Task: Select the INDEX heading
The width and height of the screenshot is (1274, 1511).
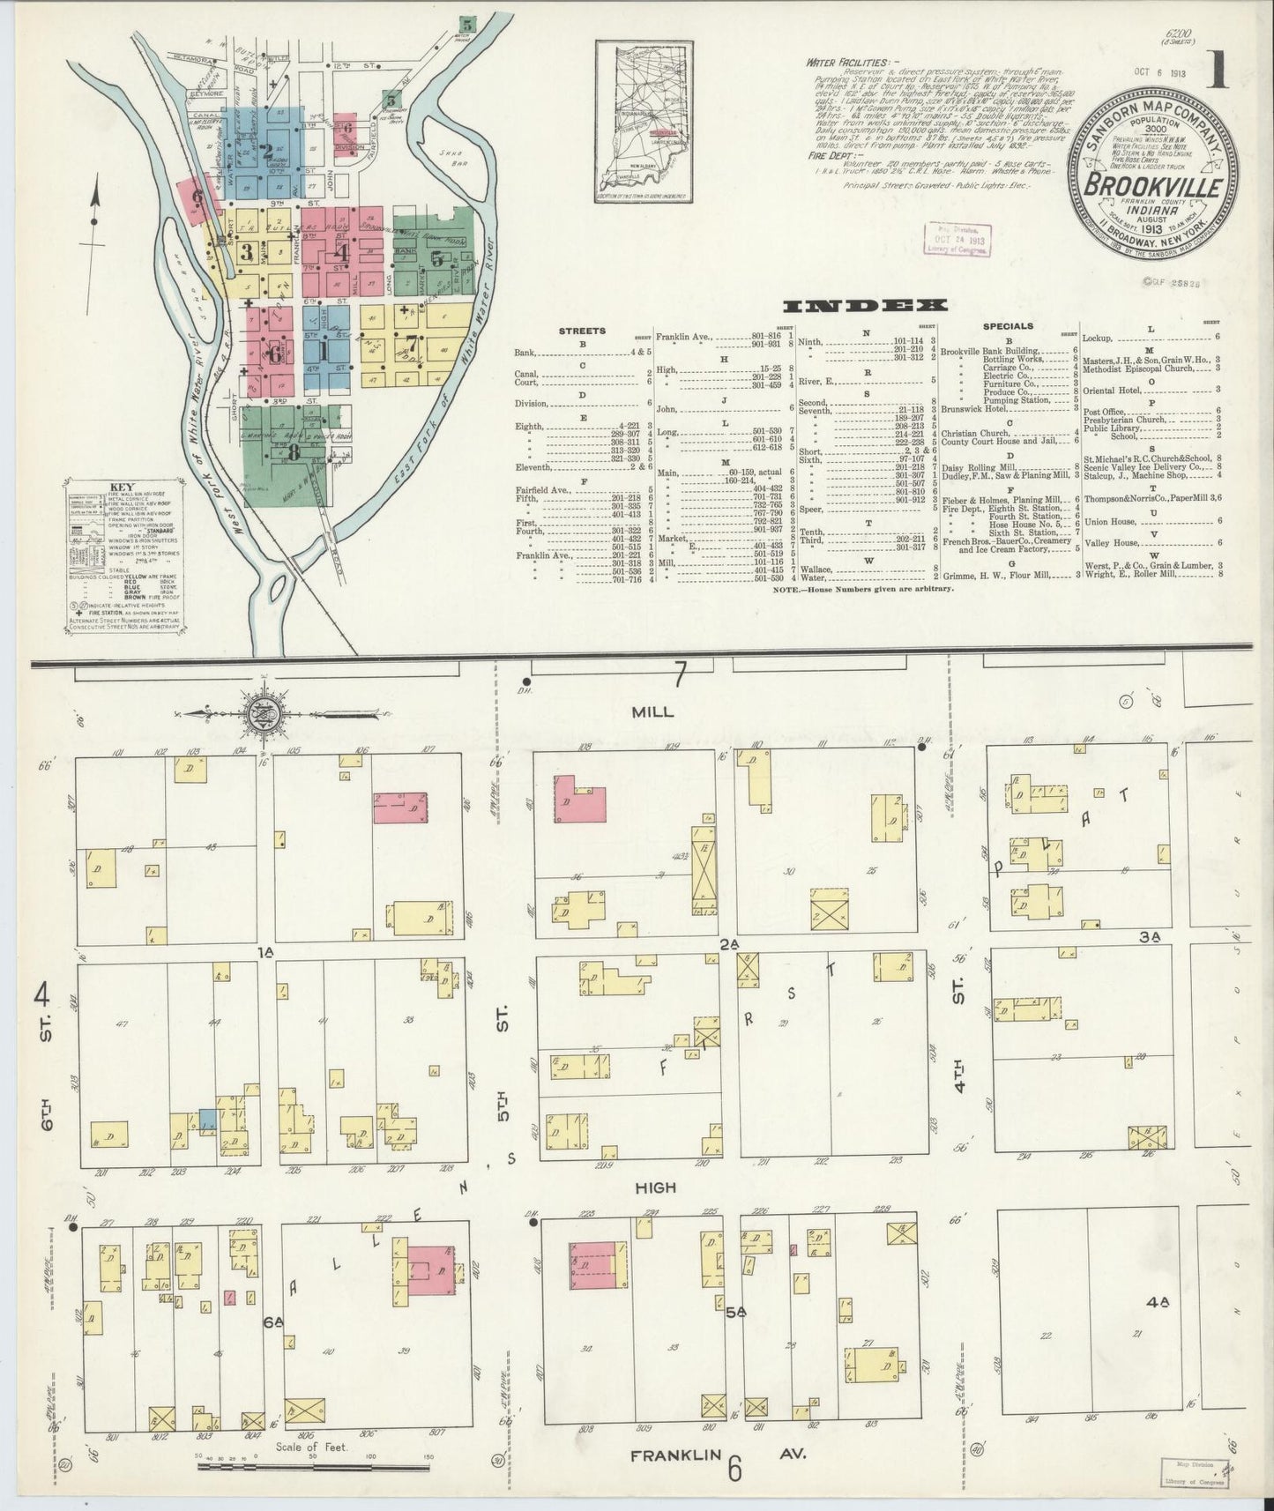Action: pos(865,306)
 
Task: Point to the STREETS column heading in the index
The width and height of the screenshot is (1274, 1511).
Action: pos(582,331)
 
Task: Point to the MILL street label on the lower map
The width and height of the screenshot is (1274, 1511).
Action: pos(653,712)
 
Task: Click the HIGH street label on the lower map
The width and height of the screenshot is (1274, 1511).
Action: pos(655,1187)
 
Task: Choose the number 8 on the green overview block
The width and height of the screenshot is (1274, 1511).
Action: pos(292,453)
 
